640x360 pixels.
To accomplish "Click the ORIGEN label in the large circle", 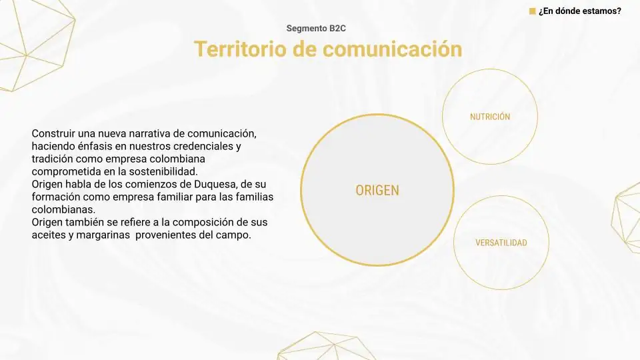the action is point(377,190).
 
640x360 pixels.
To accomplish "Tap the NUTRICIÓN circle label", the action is point(490,117).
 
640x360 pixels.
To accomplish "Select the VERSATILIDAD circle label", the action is point(501,243).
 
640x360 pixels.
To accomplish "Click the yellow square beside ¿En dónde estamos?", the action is point(532,11).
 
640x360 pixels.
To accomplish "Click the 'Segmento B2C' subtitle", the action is point(316,28).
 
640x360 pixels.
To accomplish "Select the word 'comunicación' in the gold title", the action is point(392,49).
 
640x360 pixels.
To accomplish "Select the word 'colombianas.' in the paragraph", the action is point(63,209).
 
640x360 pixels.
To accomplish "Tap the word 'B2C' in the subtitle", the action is point(337,28).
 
